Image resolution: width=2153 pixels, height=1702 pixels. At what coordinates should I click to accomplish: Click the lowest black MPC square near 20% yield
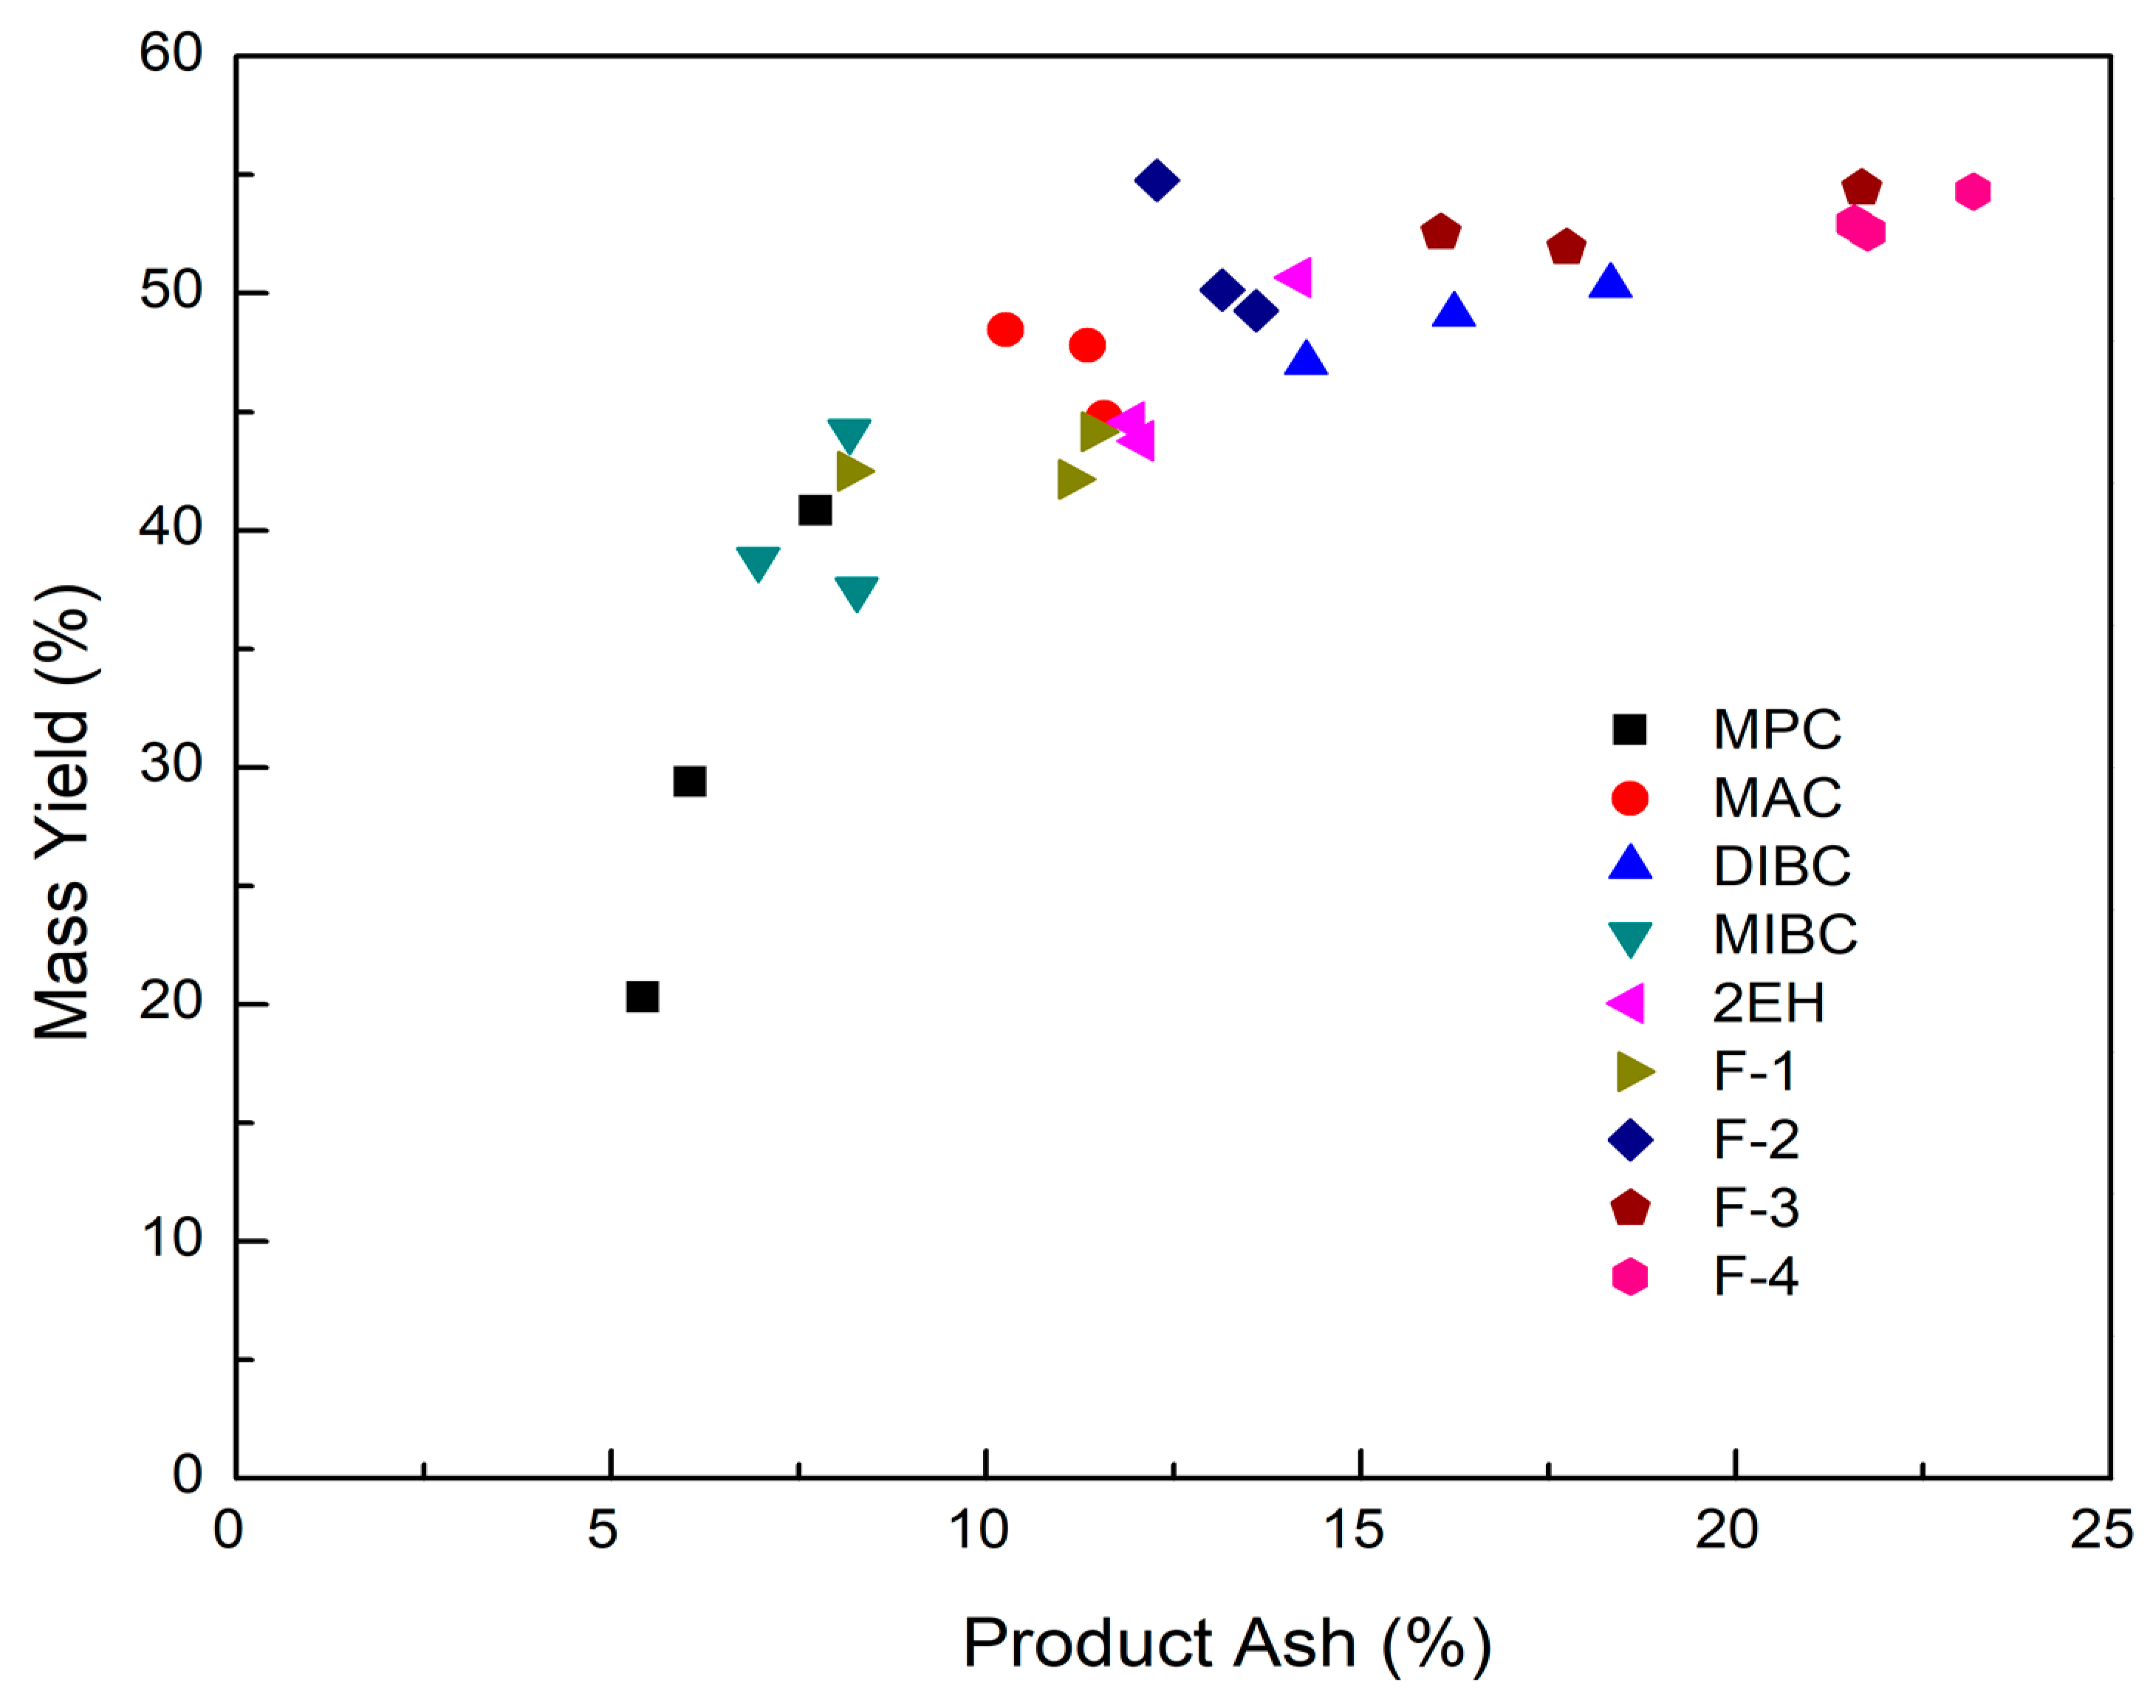click(x=643, y=996)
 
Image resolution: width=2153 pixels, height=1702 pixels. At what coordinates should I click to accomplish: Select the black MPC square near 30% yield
click(x=689, y=782)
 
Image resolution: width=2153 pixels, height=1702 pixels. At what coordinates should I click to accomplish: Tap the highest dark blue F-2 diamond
click(x=1156, y=180)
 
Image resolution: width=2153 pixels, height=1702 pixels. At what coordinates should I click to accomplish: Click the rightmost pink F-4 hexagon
click(x=1971, y=191)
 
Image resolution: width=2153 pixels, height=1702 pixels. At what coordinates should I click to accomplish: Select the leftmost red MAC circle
click(x=1005, y=329)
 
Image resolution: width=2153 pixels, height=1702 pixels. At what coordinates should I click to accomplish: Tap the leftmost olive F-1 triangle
click(x=853, y=471)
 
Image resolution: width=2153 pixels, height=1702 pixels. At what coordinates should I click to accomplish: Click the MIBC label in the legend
click(x=1784, y=934)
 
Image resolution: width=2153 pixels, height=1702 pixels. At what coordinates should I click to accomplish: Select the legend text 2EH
click(x=1768, y=1002)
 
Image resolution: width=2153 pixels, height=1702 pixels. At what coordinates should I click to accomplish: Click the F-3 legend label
click(x=1756, y=1208)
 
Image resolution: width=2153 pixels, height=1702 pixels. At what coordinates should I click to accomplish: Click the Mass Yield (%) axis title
click(x=62, y=812)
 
